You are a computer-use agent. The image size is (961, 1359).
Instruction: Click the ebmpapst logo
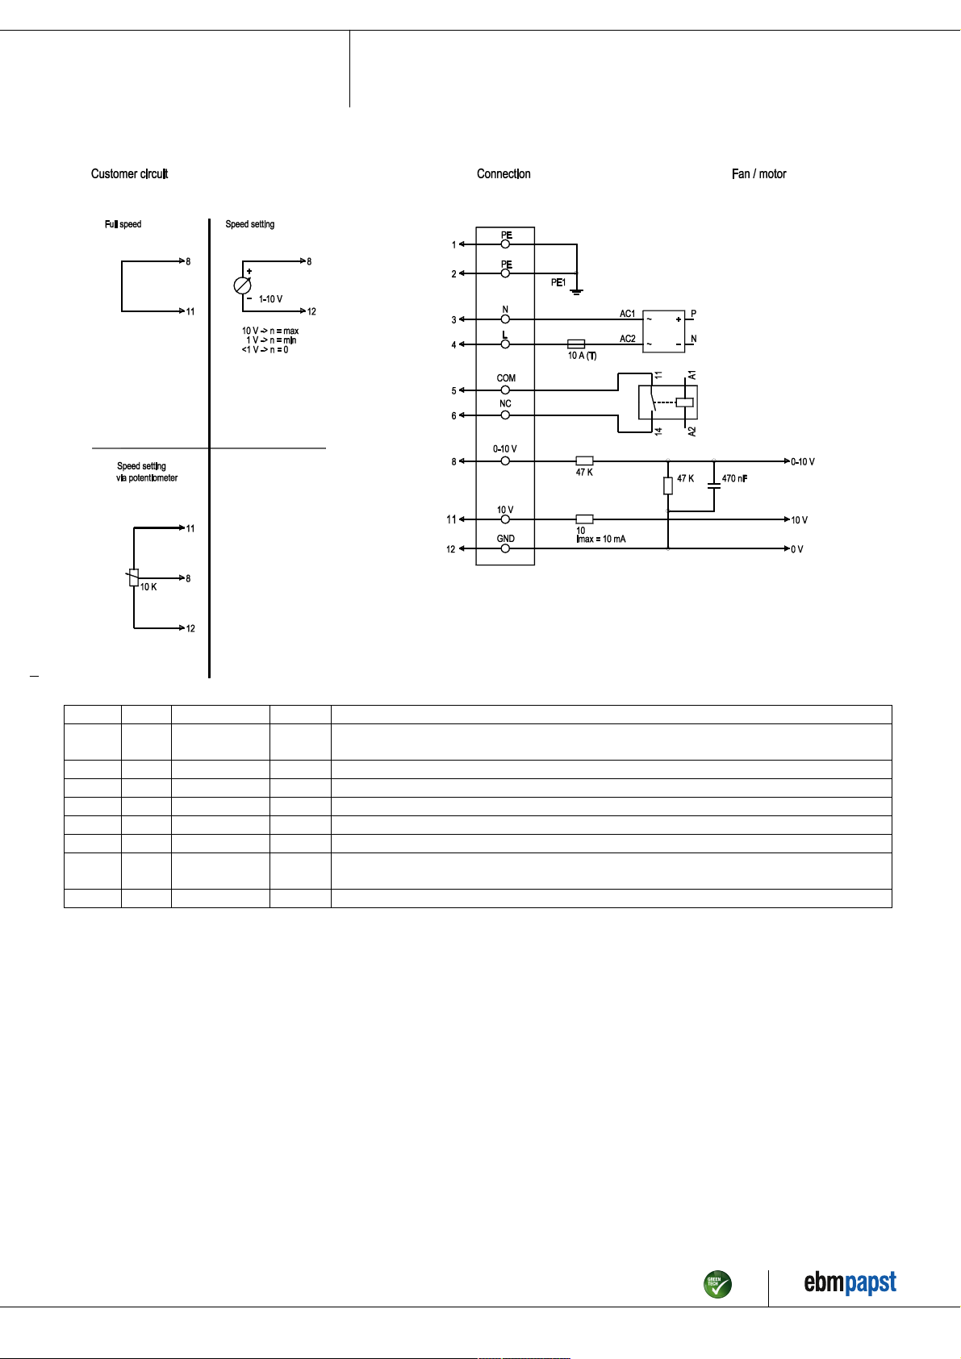pos(850,1283)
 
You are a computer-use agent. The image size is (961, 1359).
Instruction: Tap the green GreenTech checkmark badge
pos(717,1284)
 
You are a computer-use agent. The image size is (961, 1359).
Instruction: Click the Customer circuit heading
pos(129,174)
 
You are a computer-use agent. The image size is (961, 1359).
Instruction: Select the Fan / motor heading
pos(758,174)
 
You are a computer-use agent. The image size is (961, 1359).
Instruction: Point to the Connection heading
pos(503,174)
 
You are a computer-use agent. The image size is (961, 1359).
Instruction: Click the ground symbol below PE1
pos(577,292)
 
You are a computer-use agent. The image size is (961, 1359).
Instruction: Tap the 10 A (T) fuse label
pos(583,356)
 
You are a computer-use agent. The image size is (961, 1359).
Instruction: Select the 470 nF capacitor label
pos(734,479)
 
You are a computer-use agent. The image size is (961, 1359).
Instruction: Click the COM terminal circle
pos(505,390)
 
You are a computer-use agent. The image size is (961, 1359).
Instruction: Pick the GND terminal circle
pos(505,548)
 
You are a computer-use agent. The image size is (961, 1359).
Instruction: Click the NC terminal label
pos(505,403)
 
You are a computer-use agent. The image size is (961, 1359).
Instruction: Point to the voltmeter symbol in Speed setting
pos(242,286)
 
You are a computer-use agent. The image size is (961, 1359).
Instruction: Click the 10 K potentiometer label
pos(148,587)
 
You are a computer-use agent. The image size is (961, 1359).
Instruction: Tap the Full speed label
pos(123,224)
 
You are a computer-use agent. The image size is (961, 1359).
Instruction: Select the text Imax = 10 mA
pos(601,540)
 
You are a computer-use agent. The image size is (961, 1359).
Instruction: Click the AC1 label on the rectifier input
pos(627,314)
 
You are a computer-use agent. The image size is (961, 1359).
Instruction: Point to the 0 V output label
pos(797,549)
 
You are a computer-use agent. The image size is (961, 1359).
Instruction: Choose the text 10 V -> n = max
pos(270,331)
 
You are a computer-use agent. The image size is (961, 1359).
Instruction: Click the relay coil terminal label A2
pos(692,431)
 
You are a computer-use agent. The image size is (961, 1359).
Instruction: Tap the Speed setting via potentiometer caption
pos(147,472)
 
